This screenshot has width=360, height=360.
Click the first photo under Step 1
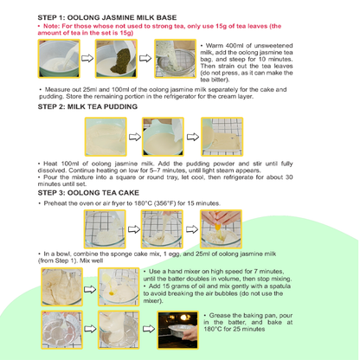click(59, 60)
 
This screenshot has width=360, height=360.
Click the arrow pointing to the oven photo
click(145, 331)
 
